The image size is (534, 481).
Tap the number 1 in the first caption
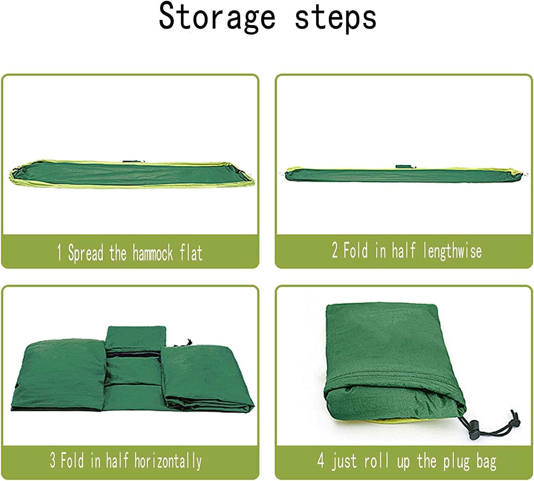coord(59,252)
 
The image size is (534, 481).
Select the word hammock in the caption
coord(153,253)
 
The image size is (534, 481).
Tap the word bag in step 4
coord(486,461)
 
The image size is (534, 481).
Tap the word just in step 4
coord(344,461)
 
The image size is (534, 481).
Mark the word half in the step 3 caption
coord(117,460)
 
